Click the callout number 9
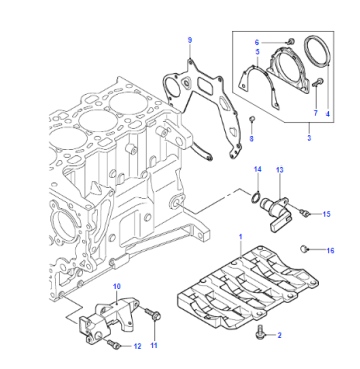(x=190, y=41)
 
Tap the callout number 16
(x=330, y=251)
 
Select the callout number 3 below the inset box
(x=309, y=138)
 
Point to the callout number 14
(x=258, y=169)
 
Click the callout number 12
(x=137, y=346)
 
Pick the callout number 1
(x=240, y=237)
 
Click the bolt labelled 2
(x=259, y=334)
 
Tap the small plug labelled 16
(x=304, y=249)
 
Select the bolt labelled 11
(x=153, y=314)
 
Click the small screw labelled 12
(x=114, y=344)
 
